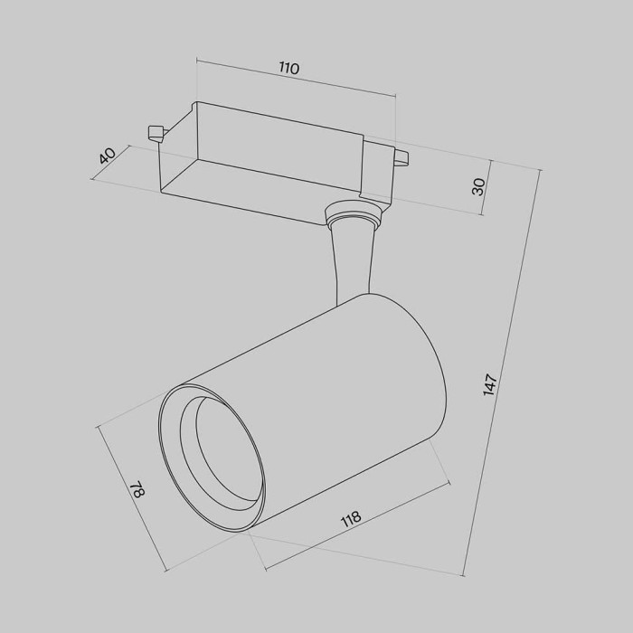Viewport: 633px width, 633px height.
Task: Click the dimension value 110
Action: (x=288, y=68)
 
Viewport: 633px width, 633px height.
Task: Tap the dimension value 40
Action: (x=107, y=156)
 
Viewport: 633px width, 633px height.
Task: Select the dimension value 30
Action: (x=479, y=186)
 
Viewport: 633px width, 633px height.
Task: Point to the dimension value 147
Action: (x=490, y=383)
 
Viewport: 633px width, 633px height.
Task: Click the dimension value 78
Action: (x=137, y=491)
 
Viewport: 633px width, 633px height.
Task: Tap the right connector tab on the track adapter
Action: (x=400, y=159)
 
